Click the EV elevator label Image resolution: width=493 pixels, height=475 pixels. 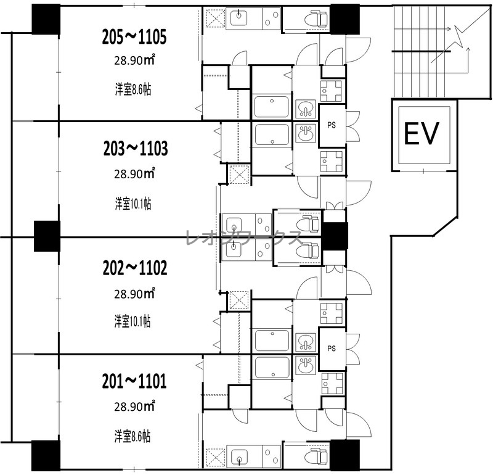pos(421,134)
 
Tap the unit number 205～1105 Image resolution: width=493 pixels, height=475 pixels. pos(134,37)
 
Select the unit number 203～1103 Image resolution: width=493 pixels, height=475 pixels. pos(136,149)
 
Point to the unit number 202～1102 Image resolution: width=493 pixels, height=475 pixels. pos(135,268)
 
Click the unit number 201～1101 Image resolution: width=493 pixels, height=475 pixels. pos(134,381)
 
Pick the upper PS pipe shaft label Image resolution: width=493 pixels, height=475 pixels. pos(332,125)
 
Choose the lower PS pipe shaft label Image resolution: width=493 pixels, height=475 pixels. pos(332,349)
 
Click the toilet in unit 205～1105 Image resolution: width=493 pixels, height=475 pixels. pos(316,19)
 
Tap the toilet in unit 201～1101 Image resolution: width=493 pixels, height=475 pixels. pos(316,457)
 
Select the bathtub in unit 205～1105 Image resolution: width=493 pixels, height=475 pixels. pos(271,107)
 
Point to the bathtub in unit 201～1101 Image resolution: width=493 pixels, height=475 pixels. pos(272,367)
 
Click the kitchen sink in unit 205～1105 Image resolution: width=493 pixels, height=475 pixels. pos(239,17)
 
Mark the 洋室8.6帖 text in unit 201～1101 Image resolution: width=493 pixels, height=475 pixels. pos(132,437)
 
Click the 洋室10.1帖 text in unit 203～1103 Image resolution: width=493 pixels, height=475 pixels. pos(133,204)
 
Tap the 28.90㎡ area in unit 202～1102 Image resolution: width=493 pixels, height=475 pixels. pos(134,294)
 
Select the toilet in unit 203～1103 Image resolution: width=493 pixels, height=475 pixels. pos(308,224)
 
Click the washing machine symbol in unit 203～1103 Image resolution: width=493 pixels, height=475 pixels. pos(239,174)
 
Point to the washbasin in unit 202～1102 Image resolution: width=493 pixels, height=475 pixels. pos(305,342)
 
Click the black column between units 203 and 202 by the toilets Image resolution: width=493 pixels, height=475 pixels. pos(335,237)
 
